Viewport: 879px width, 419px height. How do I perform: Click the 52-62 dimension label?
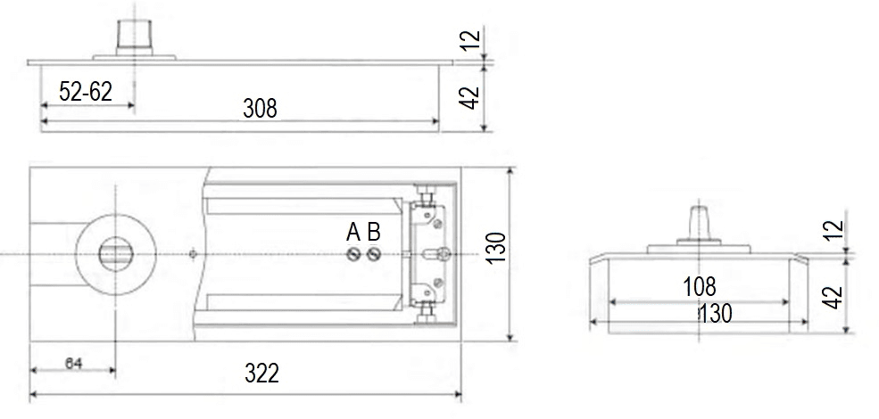pyautogui.click(x=85, y=91)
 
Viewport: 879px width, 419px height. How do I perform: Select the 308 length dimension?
pyautogui.click(x=260, y=108)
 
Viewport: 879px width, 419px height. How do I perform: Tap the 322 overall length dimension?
pyautogui.click(x=261, y=373)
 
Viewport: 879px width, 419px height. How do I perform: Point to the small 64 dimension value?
pyautogui.click(x=73, y=364)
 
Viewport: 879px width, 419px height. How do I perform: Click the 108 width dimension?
pyautogui.click(x=700, y=287)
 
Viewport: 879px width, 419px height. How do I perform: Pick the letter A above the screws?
pyautogui.click(x=353, y=232)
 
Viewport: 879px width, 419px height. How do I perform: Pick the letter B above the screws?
pyautogui.click(x=374, y=232)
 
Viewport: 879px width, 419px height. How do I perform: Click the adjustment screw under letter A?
pyautogui.click(x=352, y=255)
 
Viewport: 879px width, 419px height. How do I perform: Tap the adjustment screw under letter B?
pyautogui.click(x=374, y=255)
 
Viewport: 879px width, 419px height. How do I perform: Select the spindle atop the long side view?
pyautogui.click(x=134, y=38)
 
